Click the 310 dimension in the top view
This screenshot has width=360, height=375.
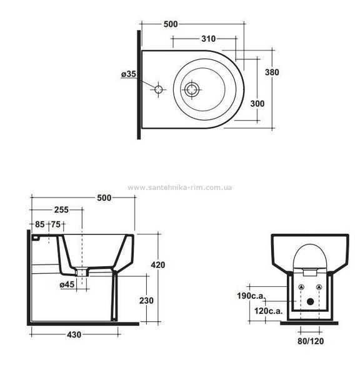pos(209,39)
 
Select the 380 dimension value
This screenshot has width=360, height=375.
pos(272,72)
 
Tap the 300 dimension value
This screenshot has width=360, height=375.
pos(257,104)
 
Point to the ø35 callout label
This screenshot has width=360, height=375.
pos(129,74)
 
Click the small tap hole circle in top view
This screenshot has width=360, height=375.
pos(158,89)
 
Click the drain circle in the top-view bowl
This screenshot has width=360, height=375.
pos(192,89)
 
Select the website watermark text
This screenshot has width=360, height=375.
pos(180,187)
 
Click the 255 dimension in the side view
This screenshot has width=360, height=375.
pos(61,210)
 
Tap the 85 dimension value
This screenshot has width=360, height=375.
pos(40,224)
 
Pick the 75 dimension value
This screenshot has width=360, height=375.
pos(56,224)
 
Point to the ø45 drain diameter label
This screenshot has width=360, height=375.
pos(67,284)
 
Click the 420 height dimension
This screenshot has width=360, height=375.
pos(158,265)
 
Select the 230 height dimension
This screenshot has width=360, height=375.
pos(146,301)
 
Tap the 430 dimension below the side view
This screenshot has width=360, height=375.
pos(74,335)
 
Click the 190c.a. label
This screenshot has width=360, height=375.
pos(251,296)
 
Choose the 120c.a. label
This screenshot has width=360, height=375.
pos(268,311)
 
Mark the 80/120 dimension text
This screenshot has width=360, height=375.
pos(311,341)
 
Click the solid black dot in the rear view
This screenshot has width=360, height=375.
pos(310,302)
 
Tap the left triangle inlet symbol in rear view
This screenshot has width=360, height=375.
pos(301,287)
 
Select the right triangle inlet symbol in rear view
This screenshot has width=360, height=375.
pos(319,287)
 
